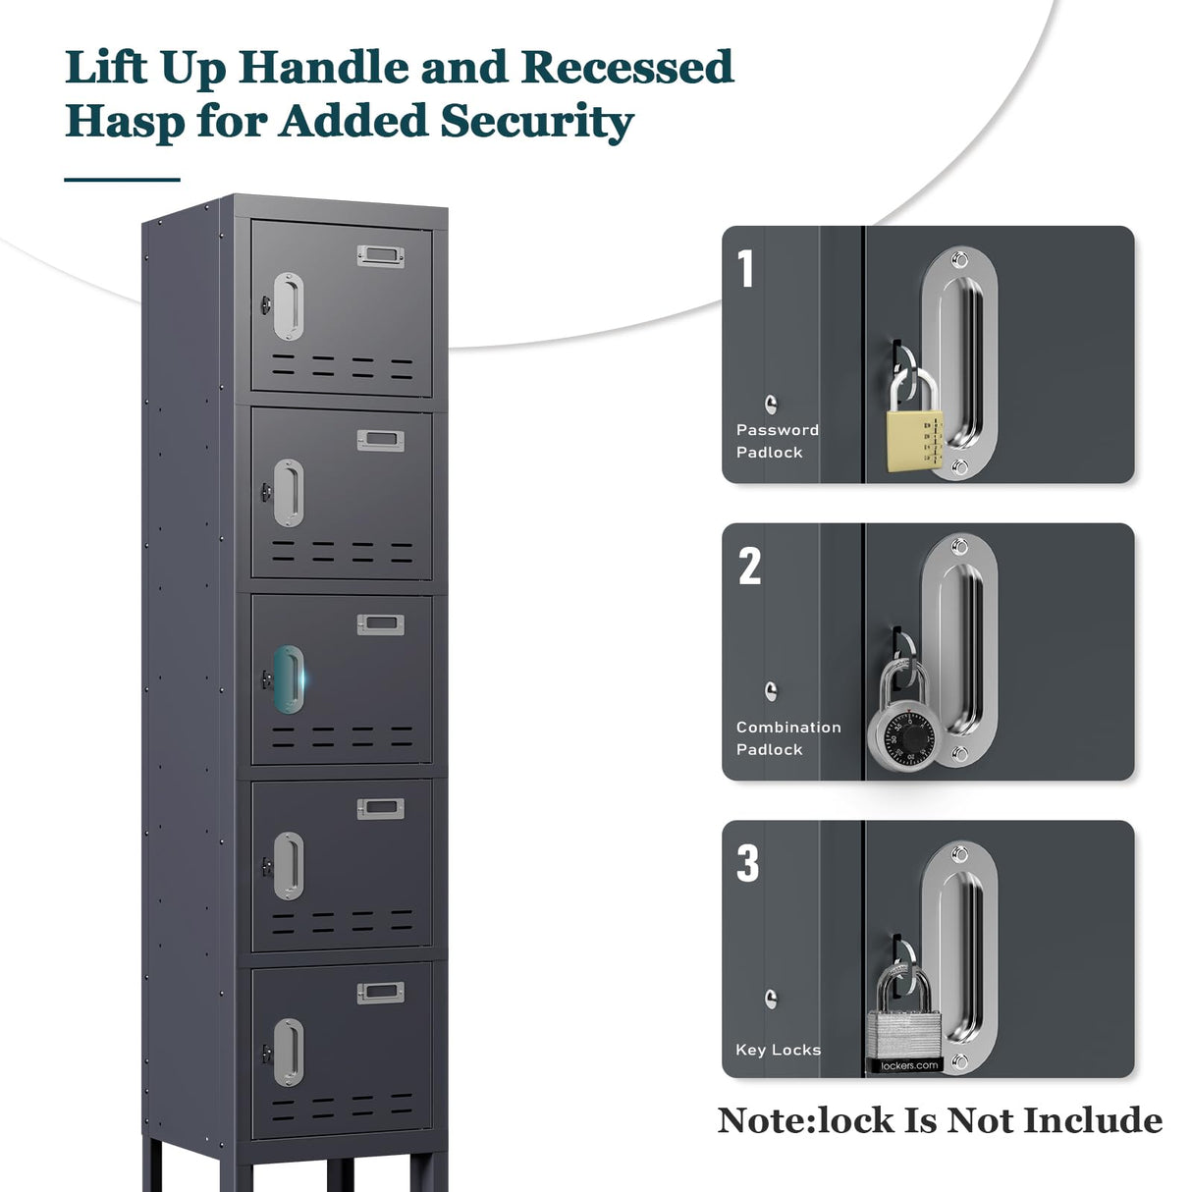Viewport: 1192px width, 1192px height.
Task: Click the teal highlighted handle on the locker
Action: [288, 678]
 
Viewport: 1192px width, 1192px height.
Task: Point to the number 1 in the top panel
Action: [746, 269]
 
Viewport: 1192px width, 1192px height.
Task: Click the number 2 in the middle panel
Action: [749, 566]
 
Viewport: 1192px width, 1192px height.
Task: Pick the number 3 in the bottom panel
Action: [748, 863]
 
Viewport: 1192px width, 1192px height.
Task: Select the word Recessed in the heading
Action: [626, 68]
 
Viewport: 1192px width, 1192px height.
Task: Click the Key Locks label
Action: [778, 1050]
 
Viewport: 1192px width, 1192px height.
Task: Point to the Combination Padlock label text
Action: [787, 737]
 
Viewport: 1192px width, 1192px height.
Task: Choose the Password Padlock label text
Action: [777, 441]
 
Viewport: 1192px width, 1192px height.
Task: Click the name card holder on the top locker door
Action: [380, 256]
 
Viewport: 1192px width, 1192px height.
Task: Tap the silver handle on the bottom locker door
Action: [288, 1053]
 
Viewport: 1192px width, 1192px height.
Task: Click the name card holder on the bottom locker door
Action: [380, 993]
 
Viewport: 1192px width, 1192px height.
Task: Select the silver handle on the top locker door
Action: [288, 305]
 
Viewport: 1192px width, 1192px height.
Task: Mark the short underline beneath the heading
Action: [122, 180]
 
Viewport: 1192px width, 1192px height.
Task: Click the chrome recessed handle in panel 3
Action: [958, 957]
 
